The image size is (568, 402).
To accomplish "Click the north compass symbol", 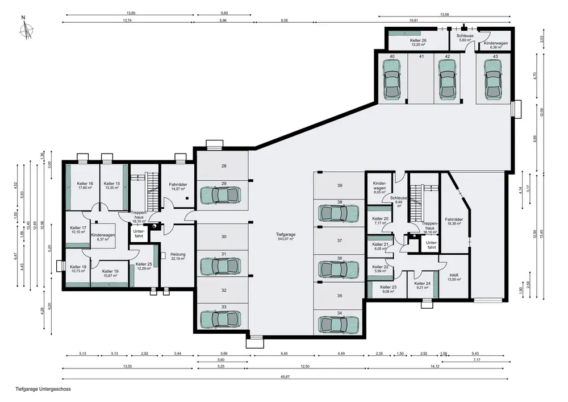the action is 26,28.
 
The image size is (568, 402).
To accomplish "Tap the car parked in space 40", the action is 392,79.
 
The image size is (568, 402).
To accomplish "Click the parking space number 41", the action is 421,56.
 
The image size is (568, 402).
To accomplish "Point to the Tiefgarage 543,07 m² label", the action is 286,237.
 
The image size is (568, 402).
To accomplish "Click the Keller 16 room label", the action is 85,185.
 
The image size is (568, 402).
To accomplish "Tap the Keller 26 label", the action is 418,43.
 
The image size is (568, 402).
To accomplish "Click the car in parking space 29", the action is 220,196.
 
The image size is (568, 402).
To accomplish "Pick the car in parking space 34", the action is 339,325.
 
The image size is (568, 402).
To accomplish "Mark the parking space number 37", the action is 340,241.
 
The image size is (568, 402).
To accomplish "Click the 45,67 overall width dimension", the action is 285,376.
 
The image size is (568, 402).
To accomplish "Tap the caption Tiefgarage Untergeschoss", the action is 43,389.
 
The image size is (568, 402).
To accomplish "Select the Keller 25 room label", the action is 144,267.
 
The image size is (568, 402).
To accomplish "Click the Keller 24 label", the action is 423,285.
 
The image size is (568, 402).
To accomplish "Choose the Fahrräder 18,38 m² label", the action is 454,222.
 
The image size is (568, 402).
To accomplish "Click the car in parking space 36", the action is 339,269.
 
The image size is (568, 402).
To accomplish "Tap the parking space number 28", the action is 224,166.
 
